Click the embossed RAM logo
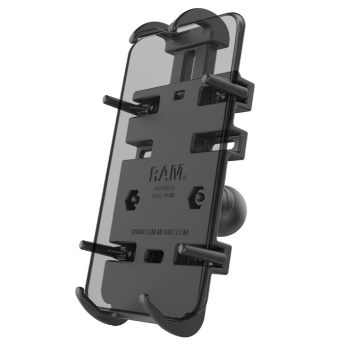pos(167,172)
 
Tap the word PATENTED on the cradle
pos(165,188)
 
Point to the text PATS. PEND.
pos(164,196)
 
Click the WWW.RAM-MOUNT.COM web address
pos(160,232)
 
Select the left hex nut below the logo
pos(133,199)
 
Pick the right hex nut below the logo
pos(197,197)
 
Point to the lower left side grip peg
pos(104,249)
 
